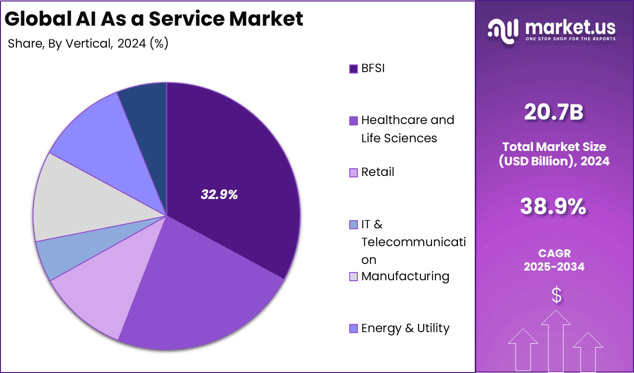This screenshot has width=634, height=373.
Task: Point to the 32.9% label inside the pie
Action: [x=219, y=195]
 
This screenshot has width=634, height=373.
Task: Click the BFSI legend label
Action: [x=373, y=68]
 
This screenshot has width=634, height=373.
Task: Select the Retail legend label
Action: [x=378, y=172]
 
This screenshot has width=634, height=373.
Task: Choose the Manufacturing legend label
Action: [x=405, y=276]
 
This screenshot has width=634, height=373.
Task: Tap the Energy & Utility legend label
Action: [x=405, y=328]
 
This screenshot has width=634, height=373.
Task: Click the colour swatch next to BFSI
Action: [x=354, y=69]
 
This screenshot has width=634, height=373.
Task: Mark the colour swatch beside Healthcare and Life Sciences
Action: [x=354, y=121]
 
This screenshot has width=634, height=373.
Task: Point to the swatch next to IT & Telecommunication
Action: [x=354, y=224]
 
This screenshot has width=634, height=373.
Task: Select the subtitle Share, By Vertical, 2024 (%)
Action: [x=88, y=43]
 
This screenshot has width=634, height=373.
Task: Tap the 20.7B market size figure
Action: [x=554, y=112]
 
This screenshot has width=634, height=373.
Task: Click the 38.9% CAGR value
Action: [x=554, y=207]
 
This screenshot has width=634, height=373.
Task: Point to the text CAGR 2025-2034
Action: [x=554, y=260]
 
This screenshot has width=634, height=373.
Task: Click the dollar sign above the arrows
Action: [x=556, y=296]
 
